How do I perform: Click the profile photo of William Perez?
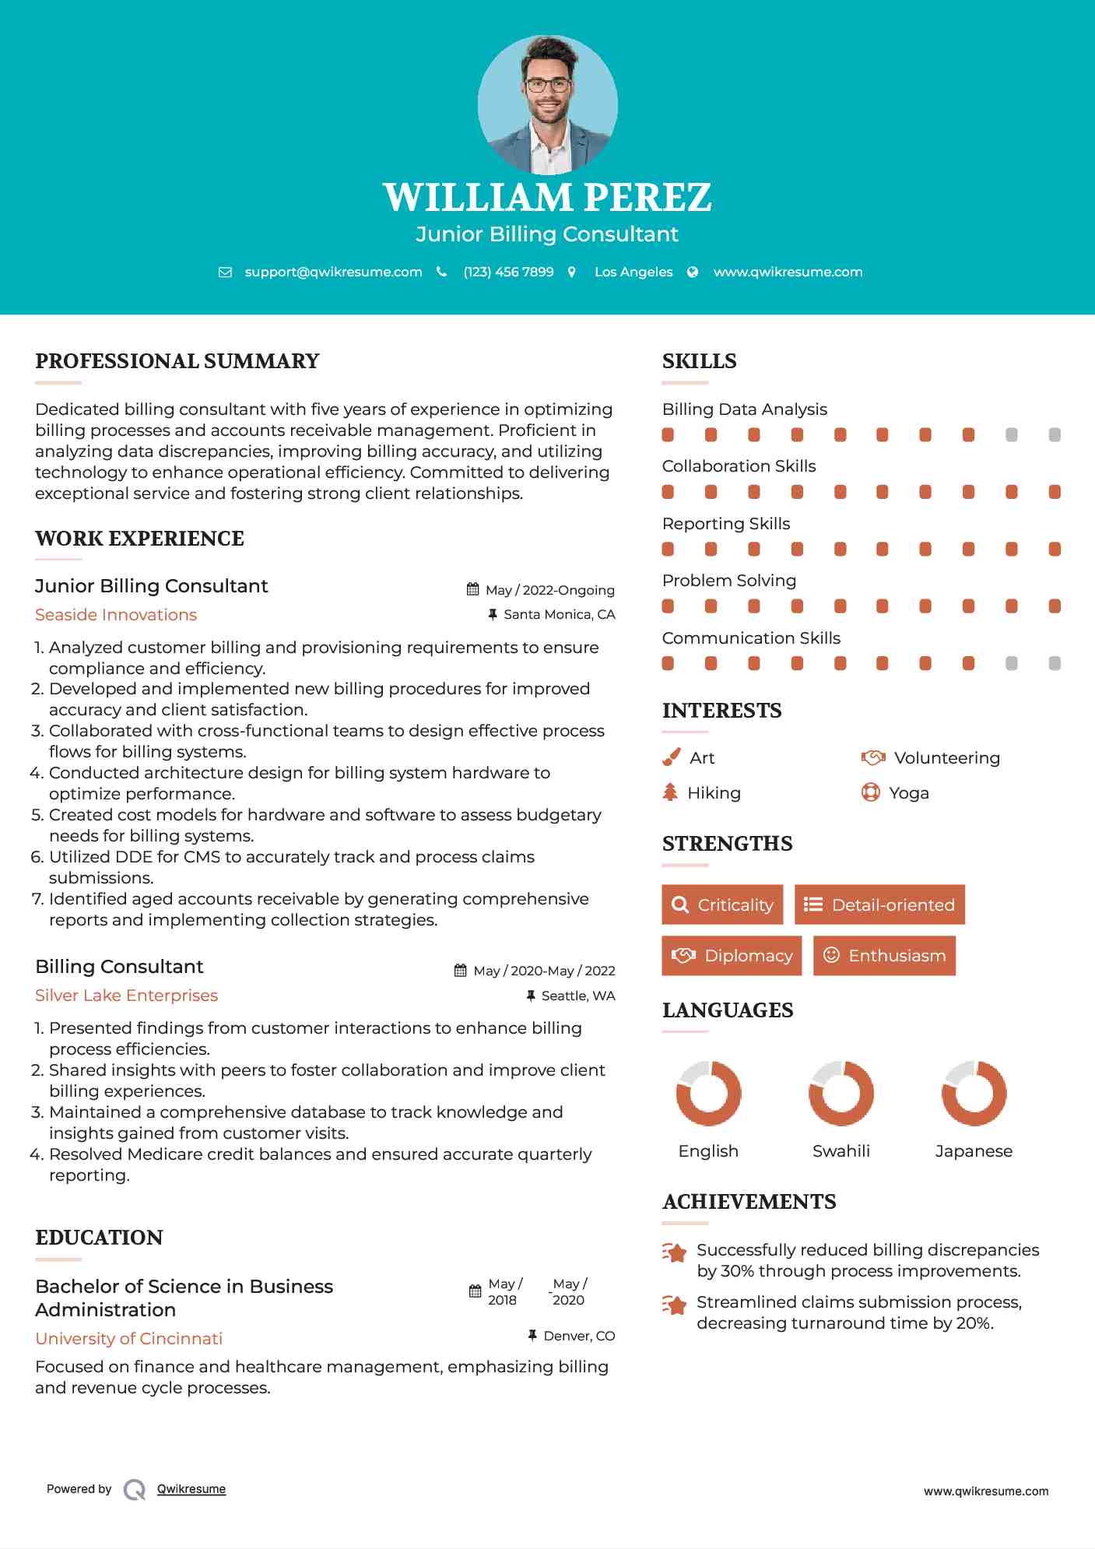point(547,105)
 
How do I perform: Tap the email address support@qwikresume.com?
point(333,272)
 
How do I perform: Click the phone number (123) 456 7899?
point(508,272)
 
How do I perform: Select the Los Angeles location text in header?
point(633,272)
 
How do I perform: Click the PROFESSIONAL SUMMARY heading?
point(177,361)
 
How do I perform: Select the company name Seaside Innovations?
point(116,615)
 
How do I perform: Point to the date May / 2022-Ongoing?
point(549,590)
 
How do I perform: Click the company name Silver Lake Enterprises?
point(126,996)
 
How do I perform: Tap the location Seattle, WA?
point(577,996)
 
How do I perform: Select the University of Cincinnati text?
point(128,1339)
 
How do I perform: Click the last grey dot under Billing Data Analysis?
point(1055,435)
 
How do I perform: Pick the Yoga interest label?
point(908,793)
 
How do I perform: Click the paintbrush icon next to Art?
point(671,757)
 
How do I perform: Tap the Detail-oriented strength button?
point(879,904)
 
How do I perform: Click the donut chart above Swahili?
point(841,1093)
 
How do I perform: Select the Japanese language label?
point(974,1151)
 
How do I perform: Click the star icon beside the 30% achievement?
point(675,1252)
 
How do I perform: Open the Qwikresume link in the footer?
point(191,1489)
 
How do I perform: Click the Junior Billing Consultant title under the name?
point(547,234)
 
